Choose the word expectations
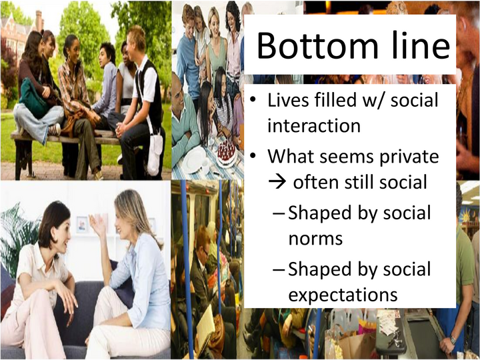coord(343,294)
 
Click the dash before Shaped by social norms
coord(279,214)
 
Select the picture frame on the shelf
coord(82,224)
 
